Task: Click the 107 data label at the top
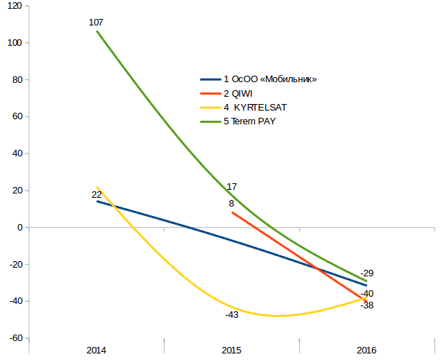96,23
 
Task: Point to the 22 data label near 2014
97,195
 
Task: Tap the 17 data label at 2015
232,187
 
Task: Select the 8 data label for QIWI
231,204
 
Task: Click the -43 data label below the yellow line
232,315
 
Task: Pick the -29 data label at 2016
367,273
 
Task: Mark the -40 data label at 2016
367,294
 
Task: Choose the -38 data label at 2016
367,305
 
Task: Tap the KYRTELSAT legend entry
255,107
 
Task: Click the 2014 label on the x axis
96,351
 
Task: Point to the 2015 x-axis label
231,351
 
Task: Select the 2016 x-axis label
366,351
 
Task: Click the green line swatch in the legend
210,121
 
